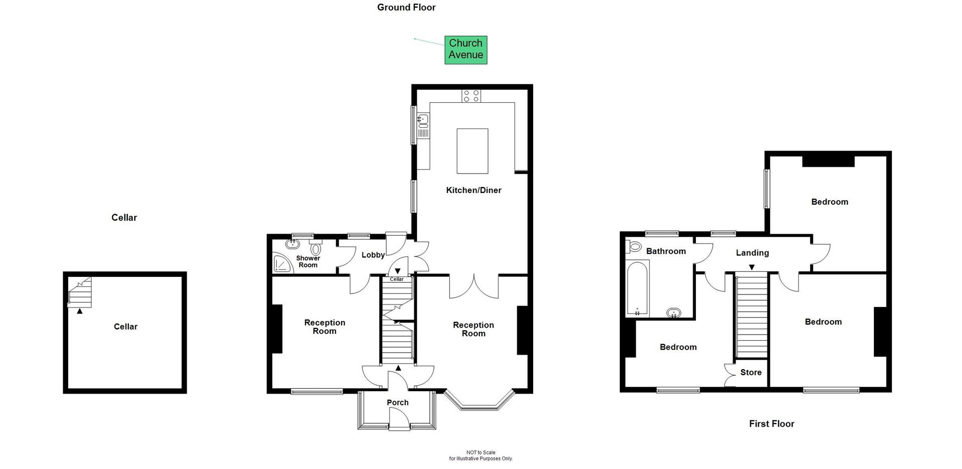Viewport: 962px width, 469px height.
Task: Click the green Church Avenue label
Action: pos(465,50)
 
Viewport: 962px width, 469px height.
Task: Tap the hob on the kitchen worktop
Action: pos(471,96)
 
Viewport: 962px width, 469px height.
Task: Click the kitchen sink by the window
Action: pos(423,120)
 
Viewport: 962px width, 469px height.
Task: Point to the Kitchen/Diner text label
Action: pos(473,190)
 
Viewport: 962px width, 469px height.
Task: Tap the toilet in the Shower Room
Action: pos(316,248)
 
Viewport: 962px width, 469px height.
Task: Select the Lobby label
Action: pos(373,255)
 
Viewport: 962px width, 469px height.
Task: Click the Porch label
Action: pos(397,402)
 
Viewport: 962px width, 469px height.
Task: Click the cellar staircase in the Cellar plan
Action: pos(80,293)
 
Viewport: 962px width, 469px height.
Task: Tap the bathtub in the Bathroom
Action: pos(637,289)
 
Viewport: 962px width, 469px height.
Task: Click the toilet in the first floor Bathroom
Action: pos(634,247)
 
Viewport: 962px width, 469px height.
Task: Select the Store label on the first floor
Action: pos(751,372)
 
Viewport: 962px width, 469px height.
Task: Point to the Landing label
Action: pos(752,253)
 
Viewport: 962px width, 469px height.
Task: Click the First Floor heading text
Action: pos(771,424)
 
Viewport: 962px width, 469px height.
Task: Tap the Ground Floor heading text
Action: pos(406,8)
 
